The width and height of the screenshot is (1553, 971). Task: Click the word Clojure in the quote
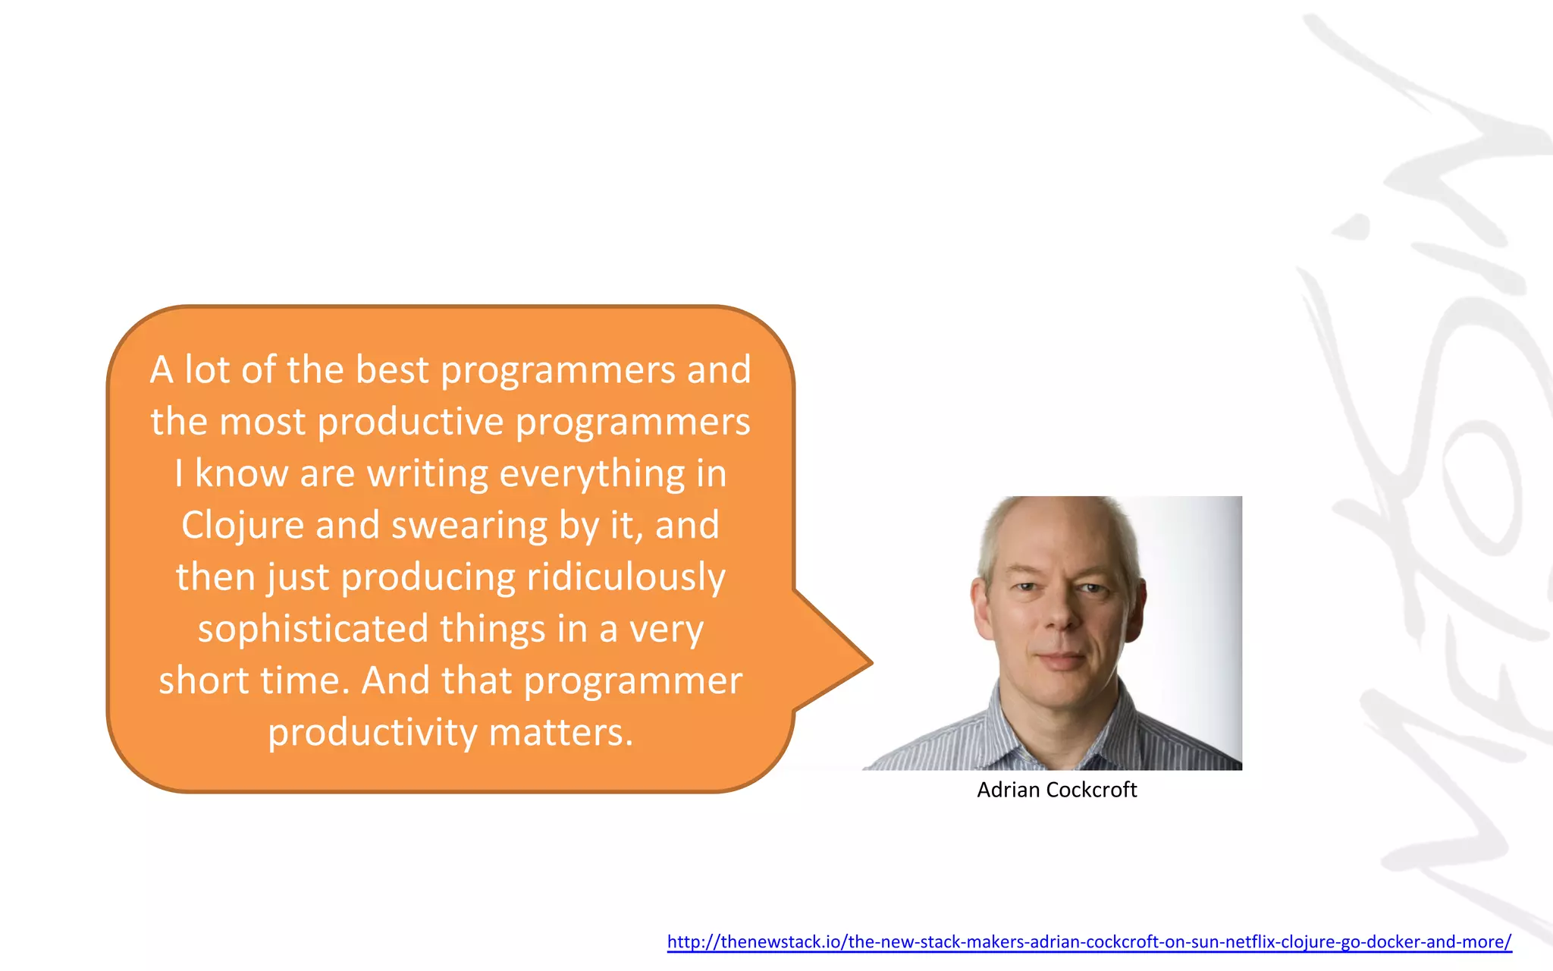point(242,525)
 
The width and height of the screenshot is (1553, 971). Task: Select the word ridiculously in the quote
point(626,577)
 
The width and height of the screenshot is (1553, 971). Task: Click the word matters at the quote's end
point(560,733)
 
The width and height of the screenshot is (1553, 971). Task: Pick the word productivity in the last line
point(372,733)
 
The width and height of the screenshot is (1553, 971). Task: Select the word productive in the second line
point(410,422)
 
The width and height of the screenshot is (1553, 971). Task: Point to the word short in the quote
point(204,680)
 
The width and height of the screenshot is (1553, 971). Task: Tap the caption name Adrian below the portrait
point(1008,790)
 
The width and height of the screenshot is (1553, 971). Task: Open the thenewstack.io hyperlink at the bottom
point(1089,942)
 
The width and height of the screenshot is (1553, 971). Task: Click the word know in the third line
point(241,474)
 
